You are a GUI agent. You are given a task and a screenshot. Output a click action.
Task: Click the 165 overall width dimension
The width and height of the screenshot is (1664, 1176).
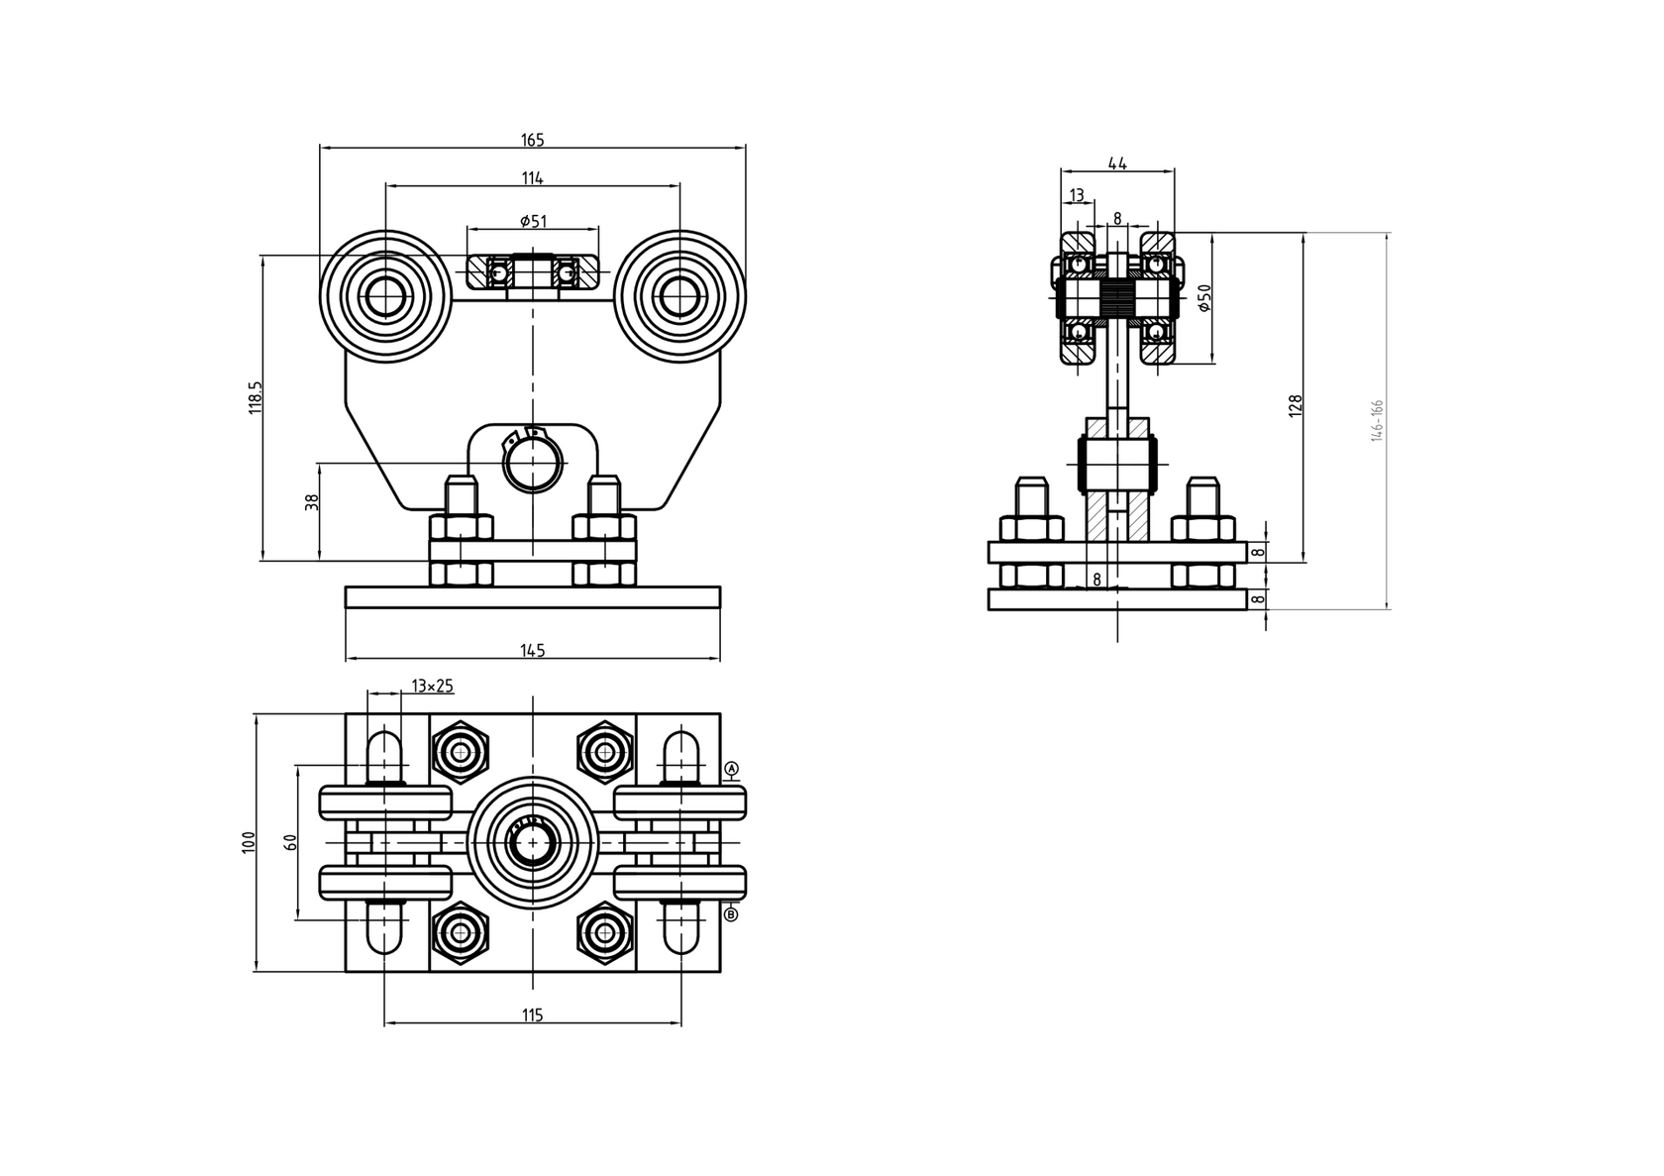pyautogui.click(x=532, y=141)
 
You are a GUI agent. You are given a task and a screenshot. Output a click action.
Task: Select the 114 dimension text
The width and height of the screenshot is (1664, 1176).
pyautogui.click(x=532, y=178)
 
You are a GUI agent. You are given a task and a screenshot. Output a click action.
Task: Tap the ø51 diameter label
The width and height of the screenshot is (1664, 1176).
pyautogui.click(x=533, y=221)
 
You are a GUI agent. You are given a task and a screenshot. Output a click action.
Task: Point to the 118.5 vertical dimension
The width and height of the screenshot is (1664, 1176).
pyautogui.click(x=256, y=396)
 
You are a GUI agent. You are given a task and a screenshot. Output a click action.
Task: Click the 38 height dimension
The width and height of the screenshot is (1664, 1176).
pyautogui.click(x=312, y=502)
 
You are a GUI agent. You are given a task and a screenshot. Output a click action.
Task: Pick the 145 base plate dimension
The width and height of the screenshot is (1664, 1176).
pyautogui.click(x=532, y=651)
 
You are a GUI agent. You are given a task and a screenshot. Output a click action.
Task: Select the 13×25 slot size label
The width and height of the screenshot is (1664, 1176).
pyautogui.click(x=432, y=686)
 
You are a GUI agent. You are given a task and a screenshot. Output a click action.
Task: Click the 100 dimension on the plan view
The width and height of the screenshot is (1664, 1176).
pyautogui.click(x=249, y=841)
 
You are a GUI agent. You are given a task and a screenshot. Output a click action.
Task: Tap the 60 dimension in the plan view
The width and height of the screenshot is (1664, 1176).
pyautogui.click(x=290, y=842)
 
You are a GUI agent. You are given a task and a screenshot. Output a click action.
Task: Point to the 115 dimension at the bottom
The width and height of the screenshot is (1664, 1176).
pyautogui.click(x=532, y=1015)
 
